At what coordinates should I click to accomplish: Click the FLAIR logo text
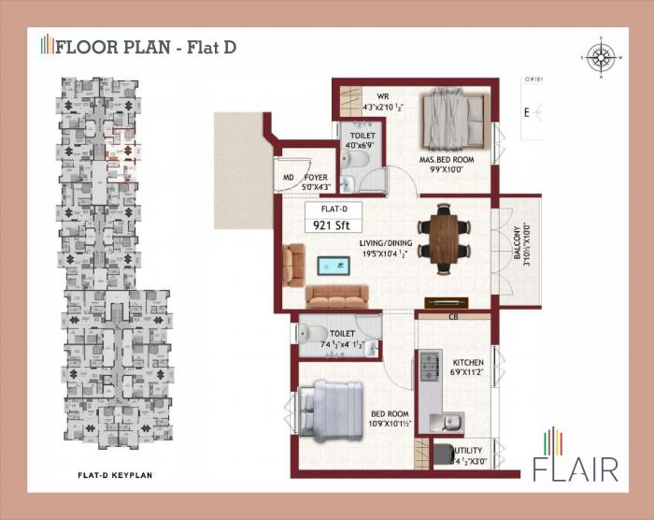[576, 466]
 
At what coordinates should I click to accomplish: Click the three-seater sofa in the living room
[337, 296]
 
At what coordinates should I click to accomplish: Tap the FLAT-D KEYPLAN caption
[115, 476]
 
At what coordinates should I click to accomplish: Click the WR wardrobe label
[382, 96]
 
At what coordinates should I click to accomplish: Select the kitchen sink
[446, 421]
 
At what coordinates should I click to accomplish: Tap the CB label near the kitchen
[453, 316]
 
